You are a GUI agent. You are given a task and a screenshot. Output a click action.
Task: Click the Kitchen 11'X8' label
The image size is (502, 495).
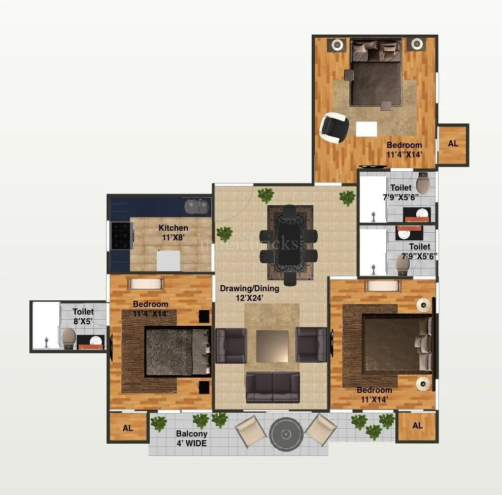pyautogui.click(x=173, y=232)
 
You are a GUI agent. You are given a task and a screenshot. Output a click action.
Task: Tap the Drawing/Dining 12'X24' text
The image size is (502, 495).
pyautogui.click(x=249, y=293)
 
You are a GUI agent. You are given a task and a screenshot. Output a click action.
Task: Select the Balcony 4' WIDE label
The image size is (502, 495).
pyautogui.click(x=191, y=438)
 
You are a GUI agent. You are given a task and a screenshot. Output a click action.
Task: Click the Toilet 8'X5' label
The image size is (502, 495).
pyautogui.click(x=83, y=316)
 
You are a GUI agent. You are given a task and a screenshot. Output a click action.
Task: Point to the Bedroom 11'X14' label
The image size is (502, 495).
pyautogui.click(x=374, y=395)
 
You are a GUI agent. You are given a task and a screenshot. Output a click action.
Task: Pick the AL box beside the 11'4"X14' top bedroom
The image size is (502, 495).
pyautogui.click(x=453, y=144)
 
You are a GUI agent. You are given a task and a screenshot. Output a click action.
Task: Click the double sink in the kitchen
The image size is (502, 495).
pyautogui.click(x=196, y=207)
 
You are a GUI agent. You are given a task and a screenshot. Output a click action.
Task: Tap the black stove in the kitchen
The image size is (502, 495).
pyautogui.click(x=121, y=236)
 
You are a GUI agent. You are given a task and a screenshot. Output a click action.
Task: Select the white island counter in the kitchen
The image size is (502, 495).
pyautogui.click(x=169, y=261)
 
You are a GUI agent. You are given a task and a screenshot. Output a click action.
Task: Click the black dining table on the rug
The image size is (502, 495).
pyautogui.click(x=289, y=242)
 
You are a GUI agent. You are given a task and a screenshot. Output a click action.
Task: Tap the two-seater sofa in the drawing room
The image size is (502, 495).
pyautogui.click(x=273, y=387)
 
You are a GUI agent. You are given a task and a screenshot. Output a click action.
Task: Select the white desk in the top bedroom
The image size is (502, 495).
pyautogui.click(x=366, y=129)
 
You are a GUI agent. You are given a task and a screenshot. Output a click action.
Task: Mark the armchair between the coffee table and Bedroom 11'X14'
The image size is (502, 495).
pyautogui.click(x=311, y=345)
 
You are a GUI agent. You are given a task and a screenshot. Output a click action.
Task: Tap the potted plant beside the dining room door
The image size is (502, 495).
pyautogui.click(x=265, y=195)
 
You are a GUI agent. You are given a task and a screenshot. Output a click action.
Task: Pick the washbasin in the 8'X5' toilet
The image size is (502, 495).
pyautogui.click(x=94, y=341)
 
